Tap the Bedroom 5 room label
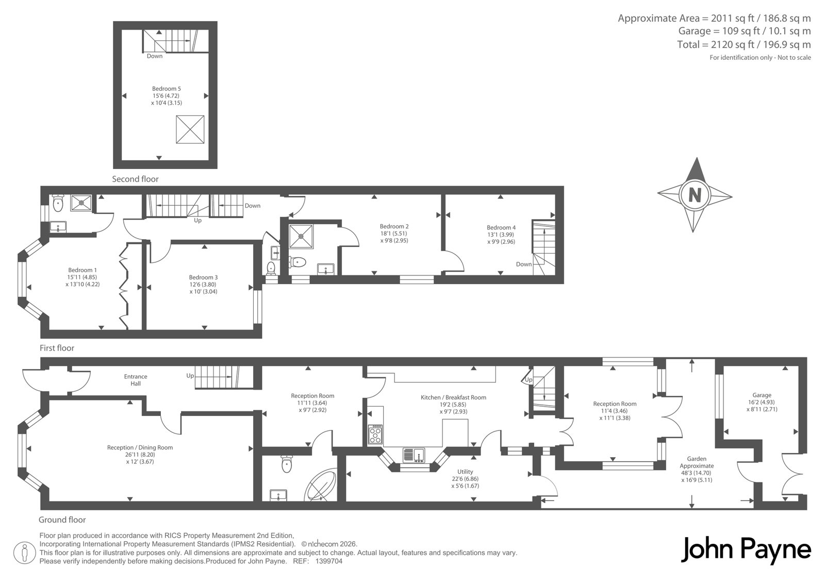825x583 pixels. pyautogui.click(x=167, y=89)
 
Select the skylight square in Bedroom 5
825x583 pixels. pyautogui.click(x=190, y=129)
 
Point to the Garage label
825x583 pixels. pyautogui.click(x=762, y=395)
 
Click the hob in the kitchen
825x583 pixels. pyautogui.click(x=375, y=435)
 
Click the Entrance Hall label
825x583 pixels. pyautogui.click(x=136, y=380)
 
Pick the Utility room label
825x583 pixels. pyautogui.click(x=465, y=472)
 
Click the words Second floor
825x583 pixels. pyautogui.click(x=135, y=179)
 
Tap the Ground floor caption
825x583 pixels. pyautogui.click(x=62, y=520)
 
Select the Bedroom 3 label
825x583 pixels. pyautogui.click(x=203, y=277)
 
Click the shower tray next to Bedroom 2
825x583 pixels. pyautogui.click(x=301, y=236)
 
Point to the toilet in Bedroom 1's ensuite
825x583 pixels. pyautogui.click(x=58, y=204)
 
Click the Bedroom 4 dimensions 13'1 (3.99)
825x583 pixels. pyautogui.click(x=501, y=235)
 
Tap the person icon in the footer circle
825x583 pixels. pyautogui.click(x=25, y=553)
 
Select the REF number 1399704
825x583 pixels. pyautogui.click(x=329, y=561)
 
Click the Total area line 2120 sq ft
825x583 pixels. pyautogui.click(x=744, y=44)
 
